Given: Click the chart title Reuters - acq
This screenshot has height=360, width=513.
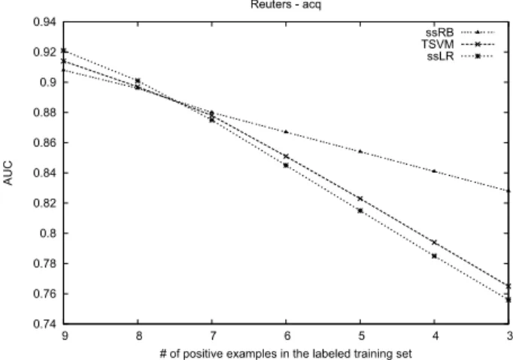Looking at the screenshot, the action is click(286, 5).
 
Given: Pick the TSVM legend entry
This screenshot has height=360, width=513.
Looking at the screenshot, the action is click(458, 44).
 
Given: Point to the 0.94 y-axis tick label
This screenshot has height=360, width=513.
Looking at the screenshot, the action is click(44, 22).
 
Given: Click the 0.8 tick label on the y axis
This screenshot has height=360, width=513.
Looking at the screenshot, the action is click(48, 234).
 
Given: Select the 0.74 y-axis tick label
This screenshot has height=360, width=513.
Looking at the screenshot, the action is click(44, 324).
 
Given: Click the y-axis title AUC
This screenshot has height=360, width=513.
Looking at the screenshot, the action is click(8, 173).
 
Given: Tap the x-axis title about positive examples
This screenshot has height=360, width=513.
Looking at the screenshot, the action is click(286, 354).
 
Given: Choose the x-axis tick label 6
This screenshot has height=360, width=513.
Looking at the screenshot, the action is click(287, 336).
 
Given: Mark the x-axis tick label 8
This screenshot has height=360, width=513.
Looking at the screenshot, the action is click(138, 336).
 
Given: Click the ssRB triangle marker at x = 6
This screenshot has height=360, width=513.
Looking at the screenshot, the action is click(287, 132).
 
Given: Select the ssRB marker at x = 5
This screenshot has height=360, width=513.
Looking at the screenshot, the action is click(360, 151).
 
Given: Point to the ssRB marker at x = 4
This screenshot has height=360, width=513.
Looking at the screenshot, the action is click(434, 171).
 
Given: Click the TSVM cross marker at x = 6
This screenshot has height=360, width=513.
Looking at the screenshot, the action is click(287, 156).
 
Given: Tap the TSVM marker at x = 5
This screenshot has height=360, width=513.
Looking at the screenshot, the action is click(360, 198).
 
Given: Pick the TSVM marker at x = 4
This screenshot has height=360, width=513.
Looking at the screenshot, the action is click(435, 242).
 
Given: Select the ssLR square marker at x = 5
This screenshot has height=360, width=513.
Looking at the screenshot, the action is click(360, 211).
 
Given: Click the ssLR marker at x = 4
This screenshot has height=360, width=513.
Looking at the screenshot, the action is click(434, 256).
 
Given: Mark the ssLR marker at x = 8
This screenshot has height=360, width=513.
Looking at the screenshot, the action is click(138, 80).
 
